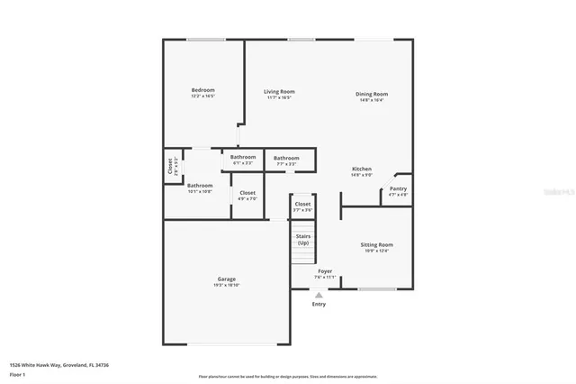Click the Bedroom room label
tap(202, 91)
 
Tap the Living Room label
tap(279, 92)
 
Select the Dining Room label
tap(371, 95)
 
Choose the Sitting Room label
tap(377, 245)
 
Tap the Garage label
tap(225, 280)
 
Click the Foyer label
tap(325, 271)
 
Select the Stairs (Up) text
tap(303, 239)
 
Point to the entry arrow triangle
tap(319, 294)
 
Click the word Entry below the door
tap(319, 305)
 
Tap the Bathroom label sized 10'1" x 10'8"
tap(200, 187)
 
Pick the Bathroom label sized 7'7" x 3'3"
tap(287, 159)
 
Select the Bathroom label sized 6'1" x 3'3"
tap(243, 159)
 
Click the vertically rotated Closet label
tap(170, 167)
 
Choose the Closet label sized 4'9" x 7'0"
tap(247, 194)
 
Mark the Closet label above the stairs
tap(303, 206)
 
